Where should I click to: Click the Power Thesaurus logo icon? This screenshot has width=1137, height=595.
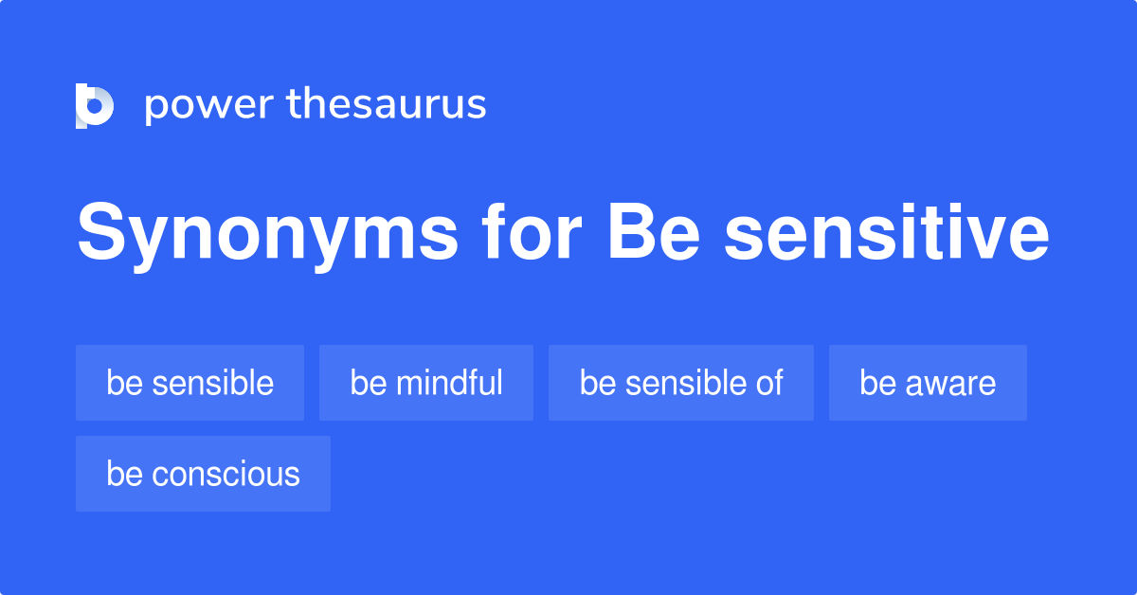pyautogui.click(x=95, y=105)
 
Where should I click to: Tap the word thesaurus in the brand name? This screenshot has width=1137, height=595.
pyautogui.click(x=387, y=105)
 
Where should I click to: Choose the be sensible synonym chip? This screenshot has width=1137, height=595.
pyautogui.click(x=189, y=383)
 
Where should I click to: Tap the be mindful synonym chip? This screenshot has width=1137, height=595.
pyautogui.click(x=426, y=383)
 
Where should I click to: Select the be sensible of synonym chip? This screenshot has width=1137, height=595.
pyautogui.click(x=681, y=383)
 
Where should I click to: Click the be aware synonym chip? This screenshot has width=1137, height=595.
pyautogui.click(x=928, y=383)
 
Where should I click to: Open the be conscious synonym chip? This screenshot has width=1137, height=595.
pyautogui.click(x=203, y=474)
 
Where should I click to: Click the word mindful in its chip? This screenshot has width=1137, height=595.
pyautogui.click(x=449, y=383)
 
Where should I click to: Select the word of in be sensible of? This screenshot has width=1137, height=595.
pyautogui.click(x=769, y=383)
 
